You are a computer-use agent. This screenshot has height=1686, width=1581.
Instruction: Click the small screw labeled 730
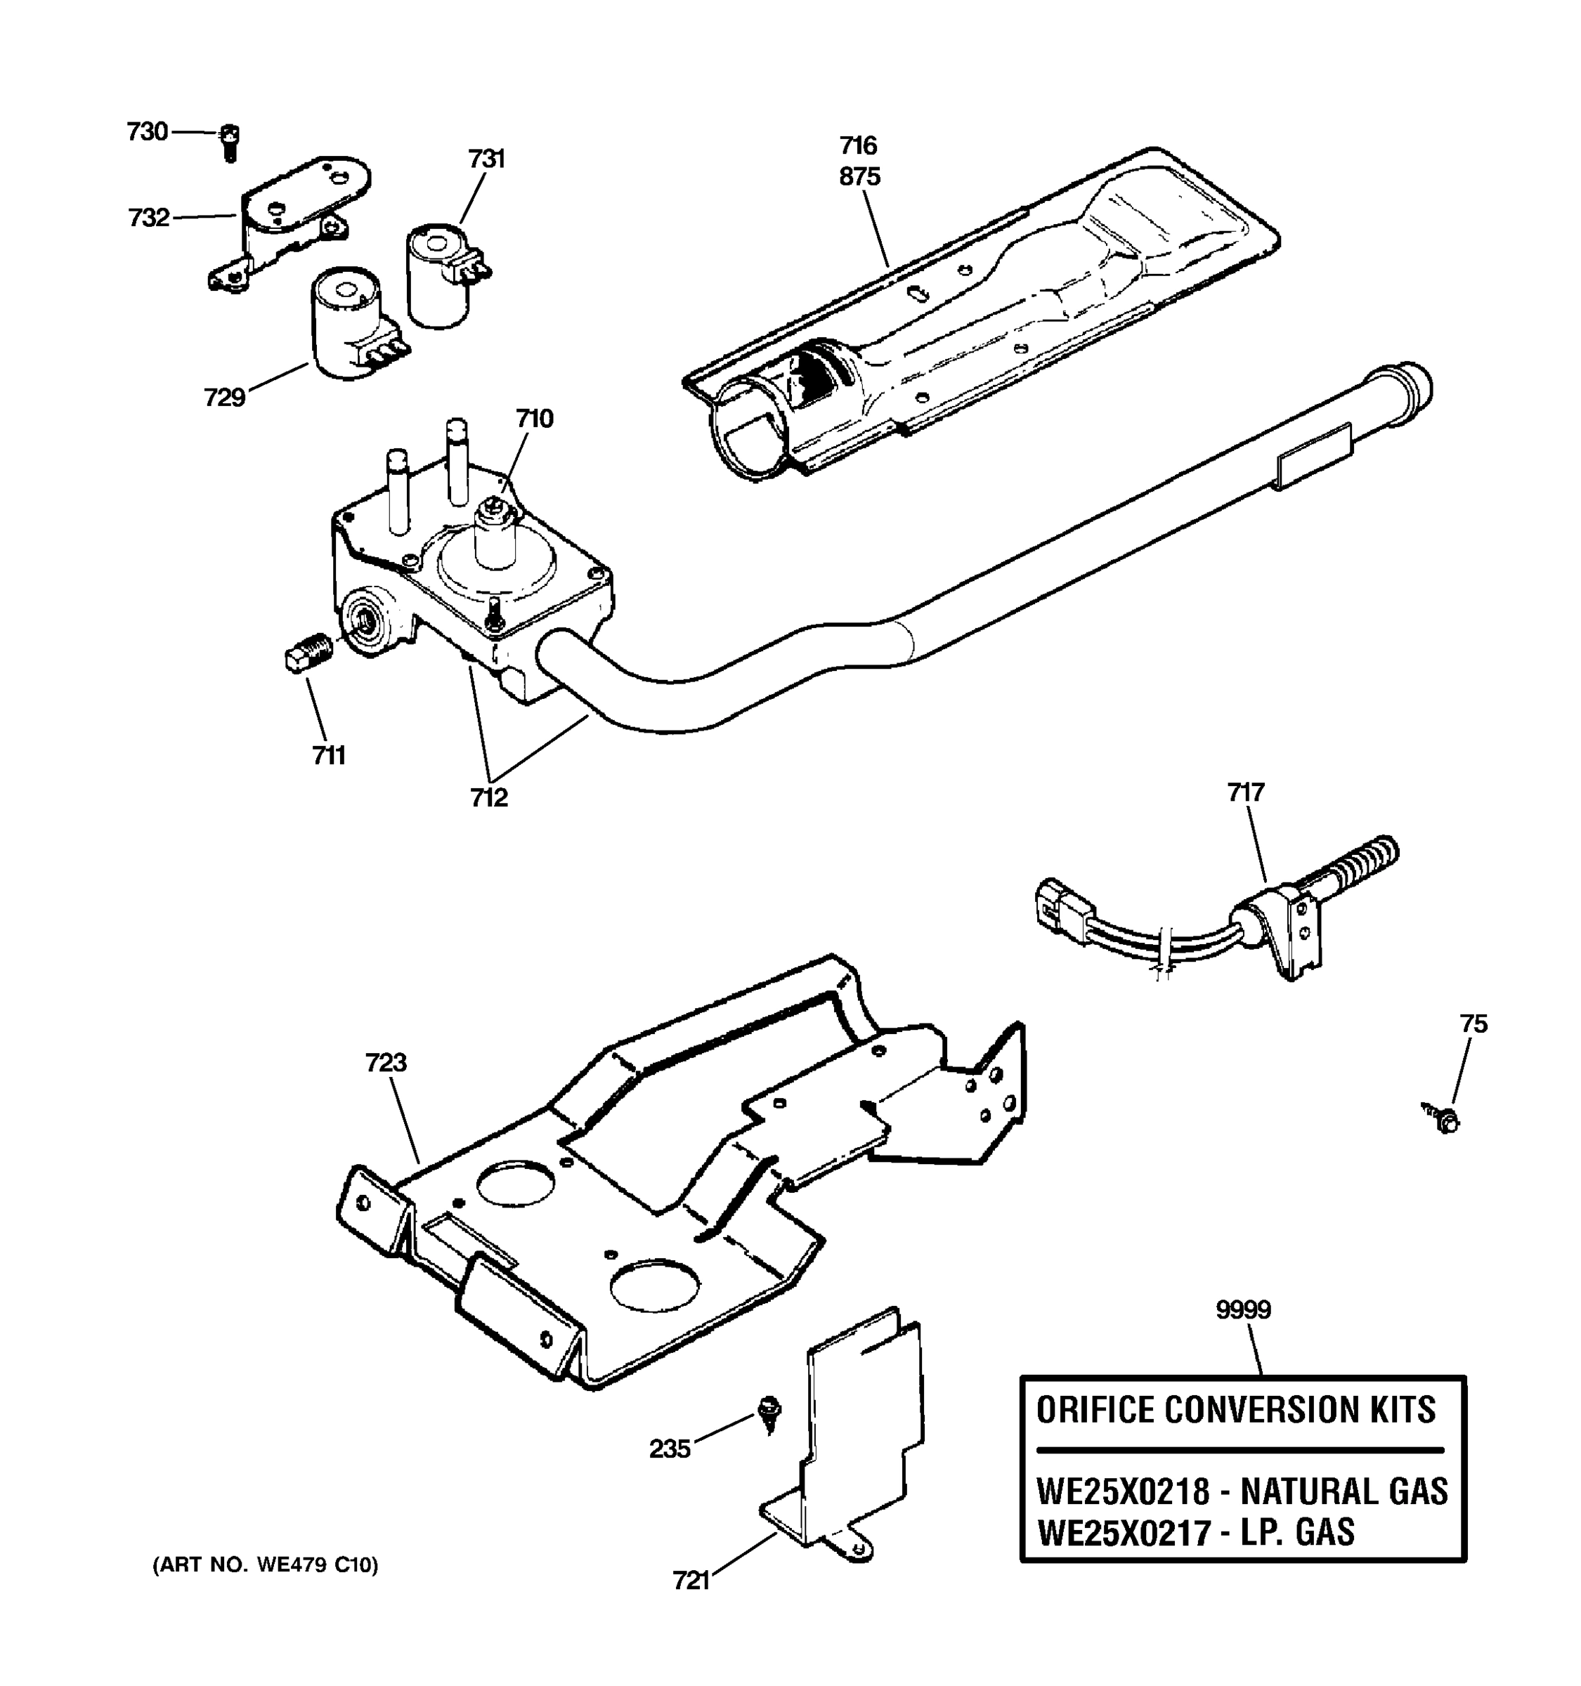pos(229,142)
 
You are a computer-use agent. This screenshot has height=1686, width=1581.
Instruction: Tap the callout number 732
pos(148,218)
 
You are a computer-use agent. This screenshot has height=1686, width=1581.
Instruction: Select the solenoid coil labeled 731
pos(439,275)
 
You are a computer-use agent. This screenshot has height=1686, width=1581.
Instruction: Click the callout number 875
pos(860,176)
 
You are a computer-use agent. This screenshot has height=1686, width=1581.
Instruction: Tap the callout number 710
pos(534,418)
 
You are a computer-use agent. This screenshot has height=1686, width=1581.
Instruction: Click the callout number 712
pos(489,797)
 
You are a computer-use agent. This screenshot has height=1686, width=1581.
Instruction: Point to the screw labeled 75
pos(1445,1120)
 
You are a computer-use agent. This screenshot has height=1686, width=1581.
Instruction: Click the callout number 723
pos(386,1063)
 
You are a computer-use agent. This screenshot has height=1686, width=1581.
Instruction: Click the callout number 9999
pos(1244,1310)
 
